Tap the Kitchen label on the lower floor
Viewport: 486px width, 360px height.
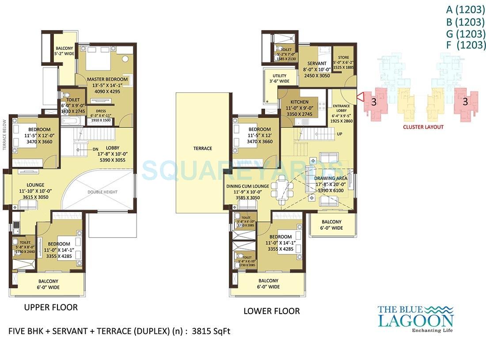[299, 102]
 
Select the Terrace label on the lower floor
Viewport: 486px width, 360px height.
[203, 148]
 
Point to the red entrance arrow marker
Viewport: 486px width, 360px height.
[360, 96]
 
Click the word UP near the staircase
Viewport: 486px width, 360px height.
[340, 133]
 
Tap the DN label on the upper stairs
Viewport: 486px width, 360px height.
[95, 149]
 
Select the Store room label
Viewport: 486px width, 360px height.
[343, 58]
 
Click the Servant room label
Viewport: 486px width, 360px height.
[315, 64]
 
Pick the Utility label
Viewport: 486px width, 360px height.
[279, 76]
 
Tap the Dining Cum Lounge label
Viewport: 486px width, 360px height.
[247, 186]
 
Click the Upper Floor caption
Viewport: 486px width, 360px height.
[51, 307]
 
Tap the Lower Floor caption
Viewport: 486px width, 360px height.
[271, 311]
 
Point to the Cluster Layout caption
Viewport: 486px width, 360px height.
[423, 127]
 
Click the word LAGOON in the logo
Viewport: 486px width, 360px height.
[415, 320]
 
